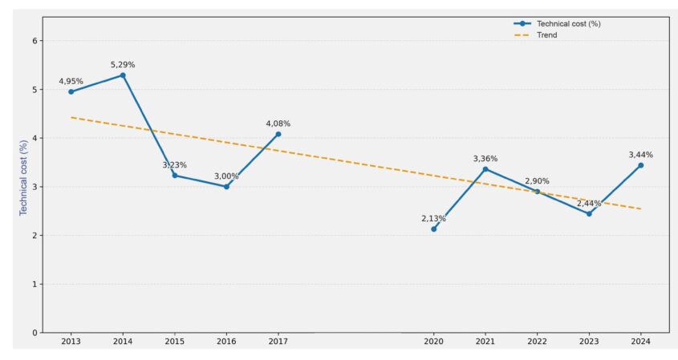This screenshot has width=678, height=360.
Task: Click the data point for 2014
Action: coord(123,75)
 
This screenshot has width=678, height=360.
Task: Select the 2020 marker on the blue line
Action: coord(434,229)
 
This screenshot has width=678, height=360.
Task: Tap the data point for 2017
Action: coord(278,134)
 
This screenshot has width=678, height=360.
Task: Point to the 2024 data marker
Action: coord(640,165)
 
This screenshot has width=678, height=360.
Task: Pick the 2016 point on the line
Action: coord(226,187)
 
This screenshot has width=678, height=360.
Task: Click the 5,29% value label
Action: coord(123,64)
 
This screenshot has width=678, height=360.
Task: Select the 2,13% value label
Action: coord(434,218)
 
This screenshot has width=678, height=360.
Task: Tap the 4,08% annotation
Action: coord(278,123)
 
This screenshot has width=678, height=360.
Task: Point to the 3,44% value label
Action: coord(640,155)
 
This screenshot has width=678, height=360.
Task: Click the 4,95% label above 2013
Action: coord(71,81)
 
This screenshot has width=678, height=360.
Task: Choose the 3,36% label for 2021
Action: coord(485,158)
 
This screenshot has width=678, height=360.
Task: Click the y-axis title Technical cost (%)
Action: coord(24,177)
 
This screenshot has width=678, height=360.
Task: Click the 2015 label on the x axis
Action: coord(174,342)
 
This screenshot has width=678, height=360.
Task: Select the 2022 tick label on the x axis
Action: coord(537,342)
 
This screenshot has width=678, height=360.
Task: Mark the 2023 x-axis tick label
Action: coord(589,342)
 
